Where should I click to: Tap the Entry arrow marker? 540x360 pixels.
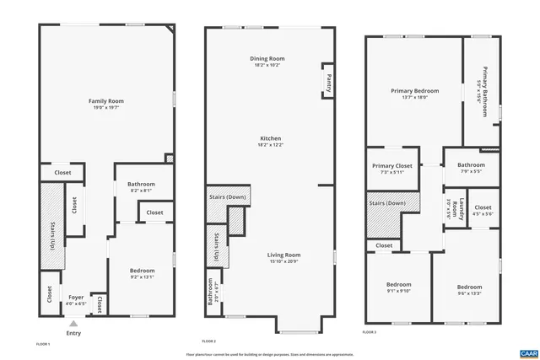pyautogui.click(x=74, y=323)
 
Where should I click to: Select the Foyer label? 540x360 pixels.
pyautogui.click(x=76, y=296)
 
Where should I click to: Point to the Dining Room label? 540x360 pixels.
pyautogui.click(x=264, y=58)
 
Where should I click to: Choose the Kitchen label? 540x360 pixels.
pyautogui.click(x=270, y=138)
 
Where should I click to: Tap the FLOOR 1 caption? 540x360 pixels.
pyautogui.click(x=43, y=344)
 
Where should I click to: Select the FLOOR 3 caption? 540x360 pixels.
pyautogui.click(x=369, y=332)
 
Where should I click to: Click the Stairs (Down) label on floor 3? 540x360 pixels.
pyautogui.click(x=386, y=203)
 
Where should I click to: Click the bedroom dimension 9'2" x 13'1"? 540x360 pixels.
pyautogui.click(x=142, y=277)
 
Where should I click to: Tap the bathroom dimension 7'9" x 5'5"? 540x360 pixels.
pyautogui.click(x=471, y=171)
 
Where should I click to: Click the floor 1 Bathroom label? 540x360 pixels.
pyautogui.click(x=141, y=184)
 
